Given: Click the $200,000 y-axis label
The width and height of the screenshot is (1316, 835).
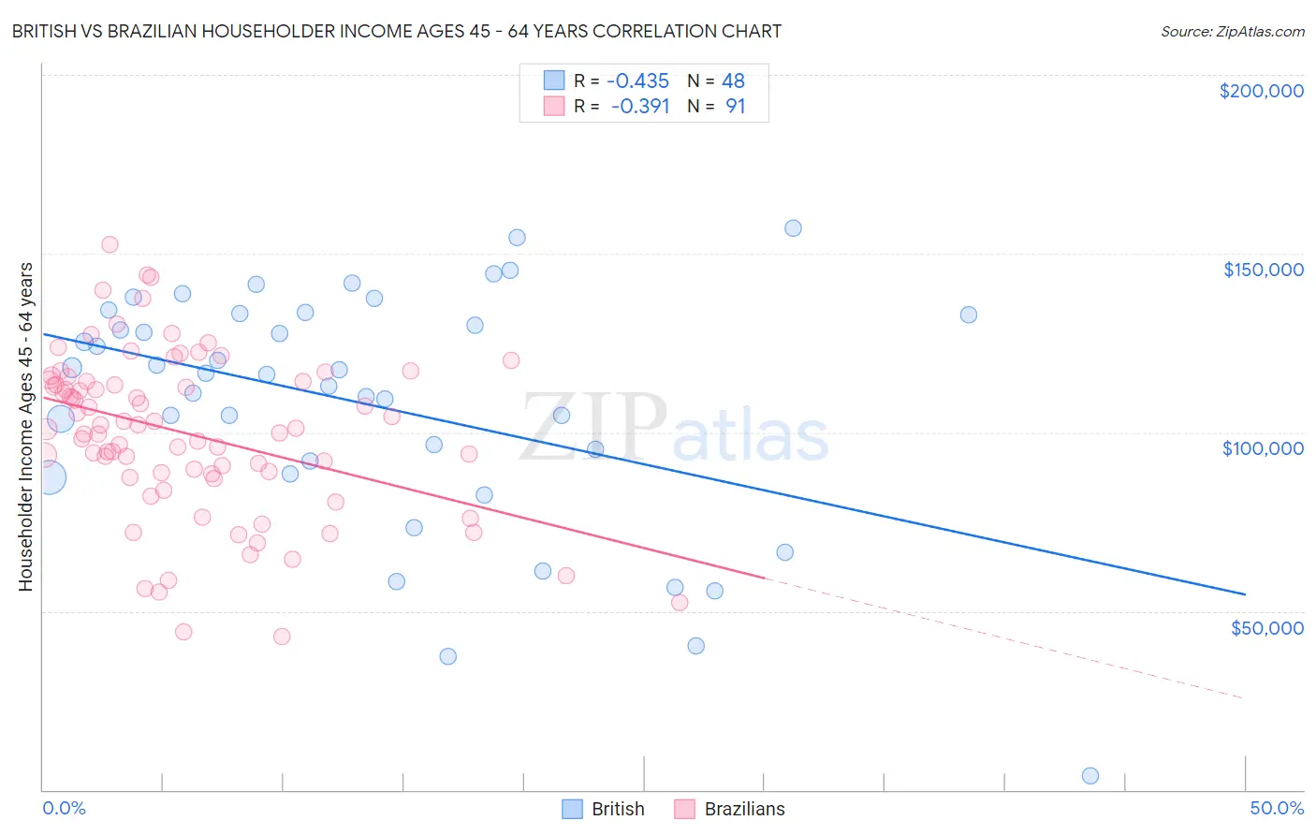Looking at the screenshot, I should [1261, 91].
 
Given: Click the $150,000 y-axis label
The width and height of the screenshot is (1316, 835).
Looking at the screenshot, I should [1263, 270].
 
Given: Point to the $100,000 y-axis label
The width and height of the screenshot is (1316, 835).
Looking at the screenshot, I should [1263, 448].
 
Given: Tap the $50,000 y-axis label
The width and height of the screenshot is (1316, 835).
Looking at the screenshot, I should [1266, 627].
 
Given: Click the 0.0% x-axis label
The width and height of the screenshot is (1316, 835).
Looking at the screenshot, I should [64, 808].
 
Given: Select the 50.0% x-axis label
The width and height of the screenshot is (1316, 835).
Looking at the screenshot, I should [1277, 808].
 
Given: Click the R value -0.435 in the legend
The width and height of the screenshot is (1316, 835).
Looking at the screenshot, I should [637, 81].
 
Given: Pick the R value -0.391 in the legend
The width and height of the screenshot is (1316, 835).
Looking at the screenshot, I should [640, 107].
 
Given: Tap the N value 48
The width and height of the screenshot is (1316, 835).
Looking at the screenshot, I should [733, 81].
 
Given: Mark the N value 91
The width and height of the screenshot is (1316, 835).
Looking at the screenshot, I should [736, 107].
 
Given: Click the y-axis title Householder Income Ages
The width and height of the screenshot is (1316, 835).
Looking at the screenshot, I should [25, 426].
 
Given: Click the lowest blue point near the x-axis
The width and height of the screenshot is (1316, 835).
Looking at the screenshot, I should [1089, 775].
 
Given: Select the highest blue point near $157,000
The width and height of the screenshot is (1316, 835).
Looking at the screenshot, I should [793, 227].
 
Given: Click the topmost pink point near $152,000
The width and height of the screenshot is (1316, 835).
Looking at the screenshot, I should [110, 244].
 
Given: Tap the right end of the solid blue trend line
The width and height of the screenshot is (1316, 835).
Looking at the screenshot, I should [1245, 594].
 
